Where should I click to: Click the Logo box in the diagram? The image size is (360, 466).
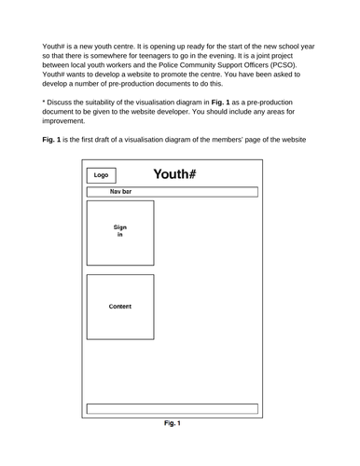pos(102,174)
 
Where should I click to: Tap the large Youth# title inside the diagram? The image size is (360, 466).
pos(173,174)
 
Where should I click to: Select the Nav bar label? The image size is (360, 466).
pos(120,192)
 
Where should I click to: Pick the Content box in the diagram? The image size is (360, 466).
pos(119,307)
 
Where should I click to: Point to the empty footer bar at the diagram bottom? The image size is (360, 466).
pos(172,408)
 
